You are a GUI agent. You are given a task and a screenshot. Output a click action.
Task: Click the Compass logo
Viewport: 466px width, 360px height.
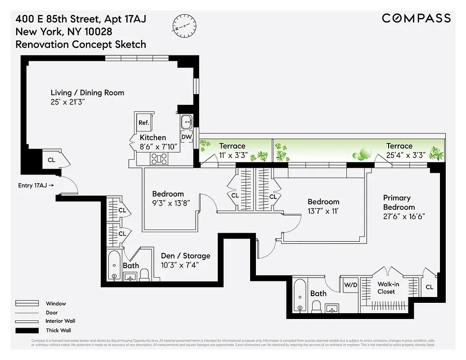416,18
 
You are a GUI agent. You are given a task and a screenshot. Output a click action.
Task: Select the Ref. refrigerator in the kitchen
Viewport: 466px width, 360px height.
144,122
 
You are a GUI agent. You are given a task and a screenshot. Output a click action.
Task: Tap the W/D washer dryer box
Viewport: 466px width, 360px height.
350,285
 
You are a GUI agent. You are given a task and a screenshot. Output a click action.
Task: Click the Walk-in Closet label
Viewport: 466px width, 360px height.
386,288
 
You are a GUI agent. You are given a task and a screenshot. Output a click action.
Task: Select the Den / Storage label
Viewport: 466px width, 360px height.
185,256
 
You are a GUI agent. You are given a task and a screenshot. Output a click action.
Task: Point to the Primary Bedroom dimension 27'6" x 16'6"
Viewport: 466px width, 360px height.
404,216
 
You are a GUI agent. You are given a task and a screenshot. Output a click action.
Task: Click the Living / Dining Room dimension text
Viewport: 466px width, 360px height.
67,103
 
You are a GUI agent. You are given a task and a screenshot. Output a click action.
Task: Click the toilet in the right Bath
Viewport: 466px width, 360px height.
316,307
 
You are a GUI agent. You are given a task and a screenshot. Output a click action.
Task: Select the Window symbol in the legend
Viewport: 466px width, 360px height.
25,304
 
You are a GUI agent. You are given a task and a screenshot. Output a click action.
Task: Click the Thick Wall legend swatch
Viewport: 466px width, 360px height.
25,330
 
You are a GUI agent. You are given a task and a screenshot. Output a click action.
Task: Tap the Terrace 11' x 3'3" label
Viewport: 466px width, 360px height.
232,150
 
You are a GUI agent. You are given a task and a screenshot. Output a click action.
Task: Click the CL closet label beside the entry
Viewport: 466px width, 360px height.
52,159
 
